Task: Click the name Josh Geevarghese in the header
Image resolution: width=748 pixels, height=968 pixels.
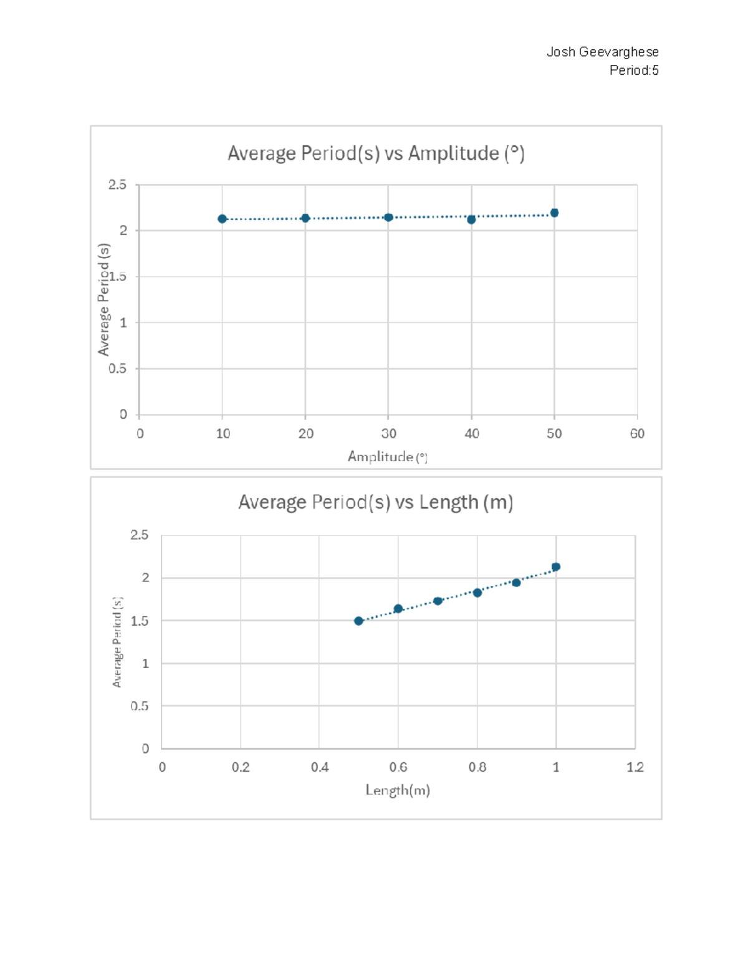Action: click(x=602, y=52)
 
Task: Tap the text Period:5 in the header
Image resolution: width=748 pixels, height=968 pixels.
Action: click(x=633, y=70)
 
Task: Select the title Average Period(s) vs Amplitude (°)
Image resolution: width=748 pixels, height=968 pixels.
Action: click(x=376, y=153)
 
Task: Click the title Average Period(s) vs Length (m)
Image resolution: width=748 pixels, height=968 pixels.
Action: click(x=376, y=502)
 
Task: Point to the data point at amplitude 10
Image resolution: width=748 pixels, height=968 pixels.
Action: click(x=222, y=219)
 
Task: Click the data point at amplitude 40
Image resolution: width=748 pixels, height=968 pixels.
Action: click(x=471, y=219)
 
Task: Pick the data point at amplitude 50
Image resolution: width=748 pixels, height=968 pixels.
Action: click(x=554, y=213)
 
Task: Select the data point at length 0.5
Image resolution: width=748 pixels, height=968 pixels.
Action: click(x=358, y=621)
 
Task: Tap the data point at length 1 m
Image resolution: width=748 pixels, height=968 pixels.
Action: click(x=556, y=567)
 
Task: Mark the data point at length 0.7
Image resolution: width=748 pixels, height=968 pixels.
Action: click(x=438, y=601)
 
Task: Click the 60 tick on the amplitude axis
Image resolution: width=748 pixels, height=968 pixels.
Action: click(x=637, y=434)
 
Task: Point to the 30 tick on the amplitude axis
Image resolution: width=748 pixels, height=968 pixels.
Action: click(x=388, y=434)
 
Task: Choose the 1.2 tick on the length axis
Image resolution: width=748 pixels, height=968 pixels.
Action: click(x=635, y=767)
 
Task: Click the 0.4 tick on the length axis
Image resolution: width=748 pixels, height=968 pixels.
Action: click(x=319, y=767)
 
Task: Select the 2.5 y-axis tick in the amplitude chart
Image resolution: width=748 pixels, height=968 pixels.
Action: click(x=117, y=185)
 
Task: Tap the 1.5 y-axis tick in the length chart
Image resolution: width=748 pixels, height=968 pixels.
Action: click(x=140, y=621)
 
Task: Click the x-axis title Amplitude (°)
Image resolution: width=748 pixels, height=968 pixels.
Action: click(x=387, y=457)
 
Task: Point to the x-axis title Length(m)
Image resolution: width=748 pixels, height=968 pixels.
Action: click(x=398, y=790)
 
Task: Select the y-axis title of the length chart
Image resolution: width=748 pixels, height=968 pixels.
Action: click(x=117, y=642)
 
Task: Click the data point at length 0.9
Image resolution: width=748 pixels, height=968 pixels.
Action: click(x=516, y=583)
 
